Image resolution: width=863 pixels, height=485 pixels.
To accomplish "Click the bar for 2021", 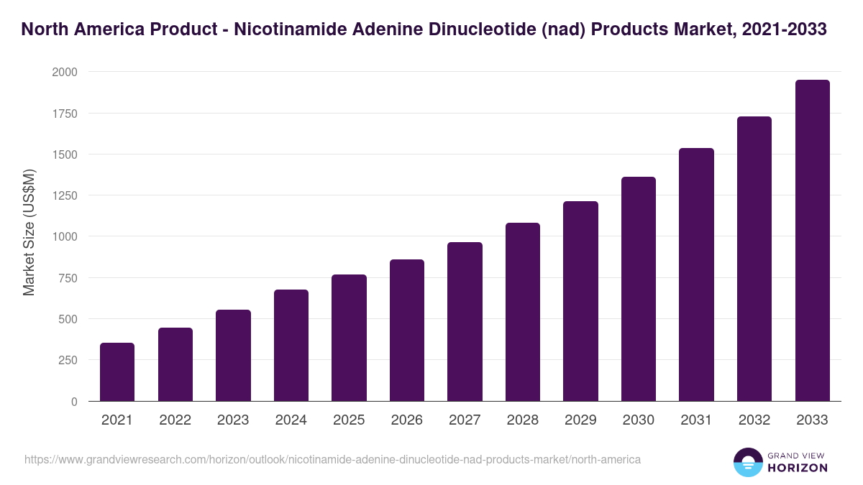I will (117, 372).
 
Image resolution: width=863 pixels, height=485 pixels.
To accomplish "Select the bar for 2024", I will (291, 346).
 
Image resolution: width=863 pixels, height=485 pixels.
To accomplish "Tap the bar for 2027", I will (465, 322).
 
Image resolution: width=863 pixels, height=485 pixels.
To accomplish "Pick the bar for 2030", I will (638, 289).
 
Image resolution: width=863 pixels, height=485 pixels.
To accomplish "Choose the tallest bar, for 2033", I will (812, 241).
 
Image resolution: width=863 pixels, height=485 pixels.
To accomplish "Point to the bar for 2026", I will (406, 331).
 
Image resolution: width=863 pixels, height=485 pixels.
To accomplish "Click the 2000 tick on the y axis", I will (65, 73).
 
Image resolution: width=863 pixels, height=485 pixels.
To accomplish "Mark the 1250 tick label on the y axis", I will (65, 195).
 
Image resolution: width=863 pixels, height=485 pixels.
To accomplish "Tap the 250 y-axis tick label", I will (68, 360).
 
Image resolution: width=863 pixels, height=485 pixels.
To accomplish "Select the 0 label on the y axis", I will (74, 402).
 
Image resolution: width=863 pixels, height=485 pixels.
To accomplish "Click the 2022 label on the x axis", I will (175, 420).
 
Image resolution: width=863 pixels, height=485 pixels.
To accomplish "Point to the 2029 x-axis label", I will (580, 420).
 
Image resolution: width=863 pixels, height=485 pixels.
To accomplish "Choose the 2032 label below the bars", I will (754, 420).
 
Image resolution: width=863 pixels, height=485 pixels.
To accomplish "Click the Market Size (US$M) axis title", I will (29, 232).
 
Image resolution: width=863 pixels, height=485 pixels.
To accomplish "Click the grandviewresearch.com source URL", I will (332, 459).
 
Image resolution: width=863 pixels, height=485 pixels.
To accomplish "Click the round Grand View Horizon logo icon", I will (747, 462).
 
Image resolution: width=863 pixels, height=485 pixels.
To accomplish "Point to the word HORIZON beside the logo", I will (798, 468).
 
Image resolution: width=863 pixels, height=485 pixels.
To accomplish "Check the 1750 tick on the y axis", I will (65, 114).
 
